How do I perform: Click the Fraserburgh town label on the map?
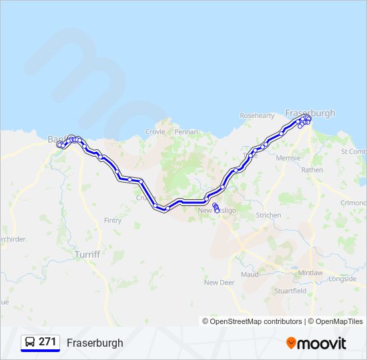[x=310, y=113]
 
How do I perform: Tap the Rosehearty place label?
[x=257, y=115]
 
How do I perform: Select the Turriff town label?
[x=87, y=255]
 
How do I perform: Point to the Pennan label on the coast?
[x=186, y=132]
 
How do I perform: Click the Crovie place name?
[x=155, y=132]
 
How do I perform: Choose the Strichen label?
[x=268, y=215]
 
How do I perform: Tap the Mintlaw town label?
[x=310, y=273]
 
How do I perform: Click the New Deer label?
[x=220, y=283]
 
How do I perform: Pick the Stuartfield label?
[x=290, y=291]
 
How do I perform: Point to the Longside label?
[x=342, y=279]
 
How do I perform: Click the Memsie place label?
[x=288, y=158]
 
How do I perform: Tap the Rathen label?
[x=312, y=170]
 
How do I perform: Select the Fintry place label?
[x=113, y=220]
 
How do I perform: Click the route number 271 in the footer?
[x=47, y=342]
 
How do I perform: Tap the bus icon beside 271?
[x=29, y=343]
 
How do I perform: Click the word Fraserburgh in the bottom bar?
[x=95, y=343]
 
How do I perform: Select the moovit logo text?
[x=322, y=343]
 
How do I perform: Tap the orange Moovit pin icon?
[x=291, y=343]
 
